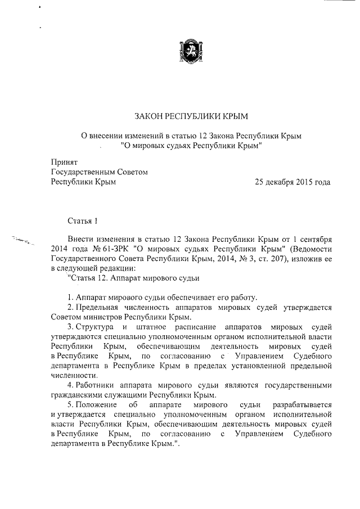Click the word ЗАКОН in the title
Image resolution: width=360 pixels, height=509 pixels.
149,116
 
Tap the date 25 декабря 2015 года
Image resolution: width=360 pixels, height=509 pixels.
292,182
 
